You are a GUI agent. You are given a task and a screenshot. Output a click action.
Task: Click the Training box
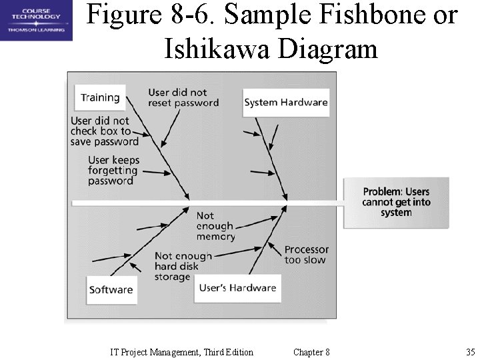click(100, 97)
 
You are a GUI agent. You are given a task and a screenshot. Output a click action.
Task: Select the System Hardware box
click(285, 103)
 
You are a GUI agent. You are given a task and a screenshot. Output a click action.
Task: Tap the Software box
click(111, 289)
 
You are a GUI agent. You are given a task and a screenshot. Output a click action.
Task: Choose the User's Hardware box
click(237, 288)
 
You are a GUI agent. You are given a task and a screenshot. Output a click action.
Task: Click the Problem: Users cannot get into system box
click(396, 202)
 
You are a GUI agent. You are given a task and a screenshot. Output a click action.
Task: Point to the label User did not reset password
click(183, 98)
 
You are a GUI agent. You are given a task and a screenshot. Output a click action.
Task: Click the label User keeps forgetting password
click(113, 171)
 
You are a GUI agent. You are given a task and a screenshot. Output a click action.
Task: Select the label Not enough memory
click(215, 226)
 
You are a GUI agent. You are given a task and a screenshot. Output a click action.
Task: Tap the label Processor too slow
click(306, 255)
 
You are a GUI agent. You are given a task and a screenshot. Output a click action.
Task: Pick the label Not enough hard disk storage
click(183, 266)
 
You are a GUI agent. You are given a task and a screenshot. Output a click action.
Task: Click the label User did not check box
click(104, 131)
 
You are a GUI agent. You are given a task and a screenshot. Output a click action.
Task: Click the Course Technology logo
click(36, 20)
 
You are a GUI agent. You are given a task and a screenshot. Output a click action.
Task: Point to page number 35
click(470, 352)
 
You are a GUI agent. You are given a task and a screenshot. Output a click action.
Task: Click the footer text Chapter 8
click(311, 352)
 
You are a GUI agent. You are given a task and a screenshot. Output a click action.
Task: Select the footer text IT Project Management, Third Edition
click(181, 352)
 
